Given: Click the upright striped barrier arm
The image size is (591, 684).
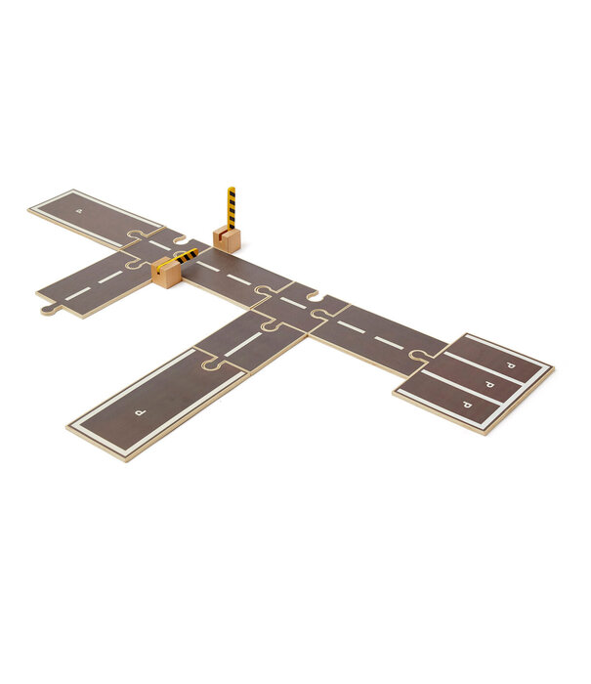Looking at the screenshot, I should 232,208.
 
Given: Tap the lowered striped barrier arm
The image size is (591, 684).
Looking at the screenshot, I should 184,257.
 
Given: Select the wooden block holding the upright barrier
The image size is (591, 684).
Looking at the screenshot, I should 227,239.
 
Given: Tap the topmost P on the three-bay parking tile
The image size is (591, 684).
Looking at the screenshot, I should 510,363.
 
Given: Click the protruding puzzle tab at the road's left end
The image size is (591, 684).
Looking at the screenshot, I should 47,310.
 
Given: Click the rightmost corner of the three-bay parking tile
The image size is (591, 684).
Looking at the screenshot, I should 553,369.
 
